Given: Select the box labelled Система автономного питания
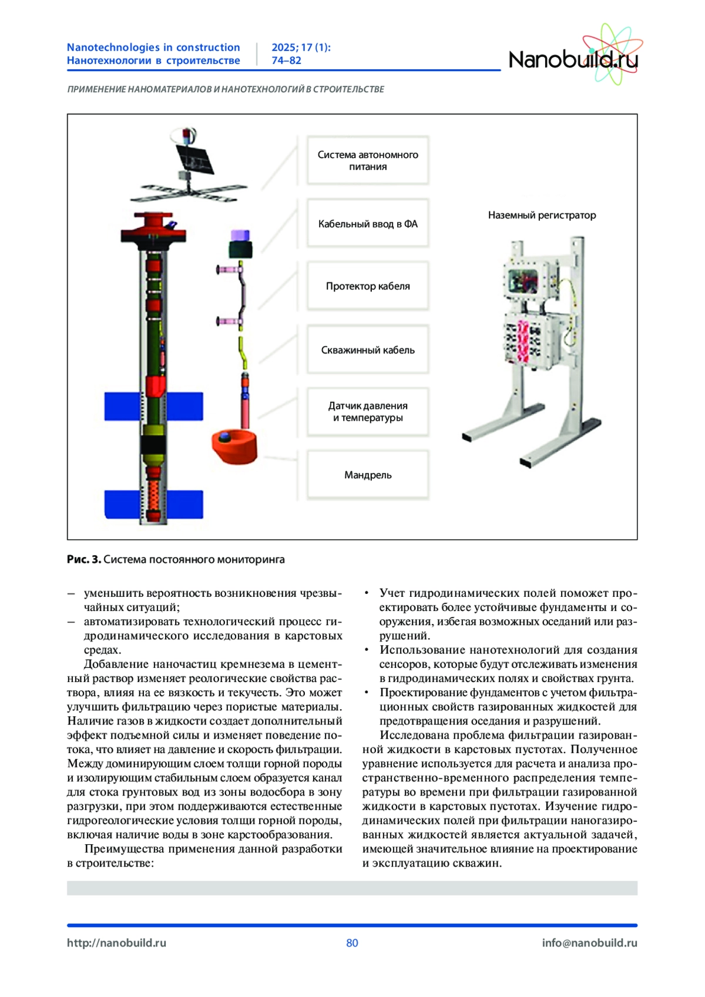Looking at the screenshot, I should click(x=368, y=160).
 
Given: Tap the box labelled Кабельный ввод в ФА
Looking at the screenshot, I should click(x=368, y=224).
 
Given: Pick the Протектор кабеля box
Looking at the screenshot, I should click(x=368, y=286).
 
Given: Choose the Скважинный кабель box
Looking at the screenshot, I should click(x=368, y=350).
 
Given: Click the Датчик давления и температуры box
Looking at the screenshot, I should click(x=368, y=412).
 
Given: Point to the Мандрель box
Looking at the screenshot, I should click(x=368, y=475).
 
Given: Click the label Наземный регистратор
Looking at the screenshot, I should click(x=542, y=215).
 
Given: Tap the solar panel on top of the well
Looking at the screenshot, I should click(x=195, y=159).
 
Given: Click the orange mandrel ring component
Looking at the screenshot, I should click(x=234, y=447).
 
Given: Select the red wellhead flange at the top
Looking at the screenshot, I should click(x=153, y=227).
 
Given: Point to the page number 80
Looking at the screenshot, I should click(x=352, y=943).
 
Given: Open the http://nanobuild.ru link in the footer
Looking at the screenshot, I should click(x=116, y=943).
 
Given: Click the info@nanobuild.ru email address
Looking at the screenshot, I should click(x=589, y=943).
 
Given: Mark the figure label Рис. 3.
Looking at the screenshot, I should click(x=84, y=559).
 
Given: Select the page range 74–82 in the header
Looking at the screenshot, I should click(x=286, y=61).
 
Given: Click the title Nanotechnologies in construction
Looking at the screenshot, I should click(x=153, y=47).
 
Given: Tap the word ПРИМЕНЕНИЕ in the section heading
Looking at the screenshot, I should click(x=96, y=89).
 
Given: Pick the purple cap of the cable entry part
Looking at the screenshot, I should click(x=240, y=236).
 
